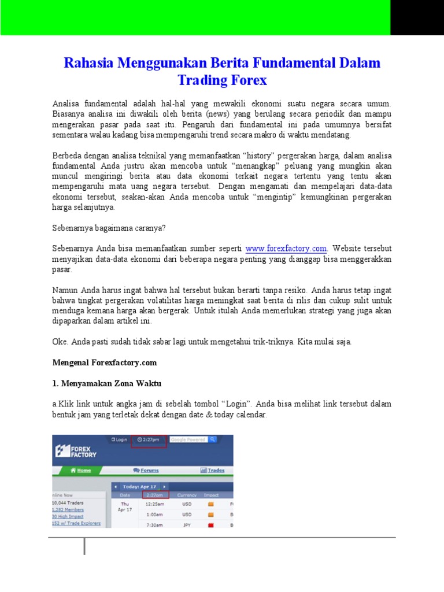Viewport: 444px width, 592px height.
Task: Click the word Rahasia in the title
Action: point(88,63)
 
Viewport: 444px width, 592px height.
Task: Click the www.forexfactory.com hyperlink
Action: point(286,249)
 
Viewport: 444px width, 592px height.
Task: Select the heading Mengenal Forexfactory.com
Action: point(105,362)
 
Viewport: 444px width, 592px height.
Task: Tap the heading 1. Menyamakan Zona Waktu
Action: point(107,383)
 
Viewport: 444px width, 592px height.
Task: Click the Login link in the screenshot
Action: point(119,439)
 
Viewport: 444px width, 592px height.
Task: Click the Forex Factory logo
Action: point(76,450)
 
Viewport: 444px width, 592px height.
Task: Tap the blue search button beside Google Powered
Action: point(213,439)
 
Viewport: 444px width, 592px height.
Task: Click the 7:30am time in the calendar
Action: point(154,525)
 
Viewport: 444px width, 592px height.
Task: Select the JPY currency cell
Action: point(187,525)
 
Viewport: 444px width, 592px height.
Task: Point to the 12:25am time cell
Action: point(154,504)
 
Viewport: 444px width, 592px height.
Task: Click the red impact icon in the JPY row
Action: point(211,525)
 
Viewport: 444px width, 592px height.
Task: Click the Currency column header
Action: point(187,495)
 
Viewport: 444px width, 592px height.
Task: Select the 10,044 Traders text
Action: point(68,503)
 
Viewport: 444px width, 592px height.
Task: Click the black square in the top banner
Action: point(417,17)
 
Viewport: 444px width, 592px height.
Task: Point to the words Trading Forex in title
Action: point(222,80)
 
